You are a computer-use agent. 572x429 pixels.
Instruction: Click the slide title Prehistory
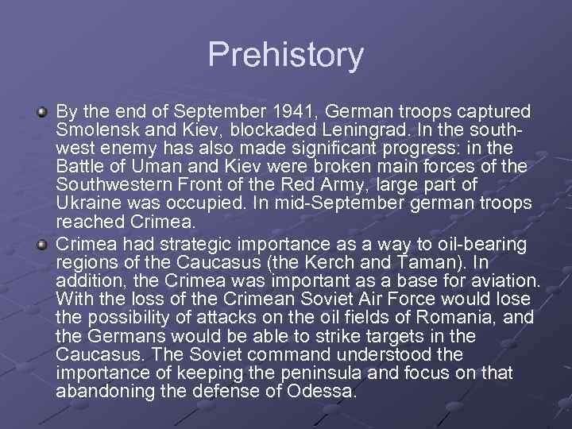pyautogui.click(x=286, y=55)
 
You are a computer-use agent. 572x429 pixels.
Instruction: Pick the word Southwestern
pyautogui.click(x=115, y=185)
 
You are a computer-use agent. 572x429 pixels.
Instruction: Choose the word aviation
pyautogui.click(x=500, y=280)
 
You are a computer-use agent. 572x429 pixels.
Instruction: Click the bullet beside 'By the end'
pyautogui.click(x=43, y=110)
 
